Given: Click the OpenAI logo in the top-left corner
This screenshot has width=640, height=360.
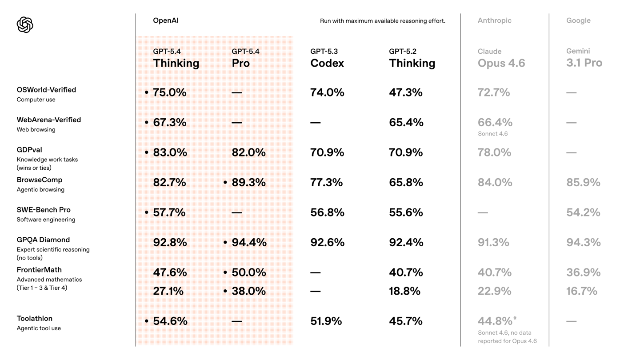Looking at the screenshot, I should tap(25, 25).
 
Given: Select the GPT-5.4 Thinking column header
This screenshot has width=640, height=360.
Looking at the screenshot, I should tap(176, 59).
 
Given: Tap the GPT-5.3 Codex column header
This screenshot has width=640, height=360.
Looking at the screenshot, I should tap(327, 59).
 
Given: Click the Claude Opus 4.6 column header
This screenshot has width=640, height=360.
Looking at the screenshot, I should tap(501, 59).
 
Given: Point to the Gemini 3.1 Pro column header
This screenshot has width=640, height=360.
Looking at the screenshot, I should tap(584, 58).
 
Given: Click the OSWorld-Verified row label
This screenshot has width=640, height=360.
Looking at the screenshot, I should tap(46, 90).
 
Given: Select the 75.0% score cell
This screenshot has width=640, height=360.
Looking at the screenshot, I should tap(169, 92).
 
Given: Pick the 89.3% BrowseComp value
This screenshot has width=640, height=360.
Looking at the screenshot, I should tap(248, 183).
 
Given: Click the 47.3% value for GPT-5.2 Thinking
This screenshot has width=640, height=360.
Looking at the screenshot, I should tap(405, 92).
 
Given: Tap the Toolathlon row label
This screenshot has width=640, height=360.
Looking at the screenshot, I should tap(35, 319).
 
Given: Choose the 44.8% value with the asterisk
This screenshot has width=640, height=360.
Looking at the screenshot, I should tap(495, 321).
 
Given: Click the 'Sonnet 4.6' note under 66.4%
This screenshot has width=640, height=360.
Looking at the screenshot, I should tap(492, 134).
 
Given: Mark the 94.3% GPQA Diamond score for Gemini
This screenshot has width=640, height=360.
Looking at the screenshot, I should tap(583, 243).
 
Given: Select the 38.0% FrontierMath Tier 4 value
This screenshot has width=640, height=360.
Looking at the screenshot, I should tap(248, 291).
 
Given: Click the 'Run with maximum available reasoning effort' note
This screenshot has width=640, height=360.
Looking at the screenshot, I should tap(382, 21).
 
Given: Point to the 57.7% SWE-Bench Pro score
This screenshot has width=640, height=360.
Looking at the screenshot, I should tap(169, 212).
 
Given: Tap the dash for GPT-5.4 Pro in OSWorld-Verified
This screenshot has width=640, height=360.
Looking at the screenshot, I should tap(237, 93).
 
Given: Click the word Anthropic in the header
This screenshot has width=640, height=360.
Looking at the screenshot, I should tap(494, 20).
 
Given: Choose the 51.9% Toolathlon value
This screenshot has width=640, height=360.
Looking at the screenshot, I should tap(326, 321).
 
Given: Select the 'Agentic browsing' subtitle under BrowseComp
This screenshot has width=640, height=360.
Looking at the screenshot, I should tap(40, 190).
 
